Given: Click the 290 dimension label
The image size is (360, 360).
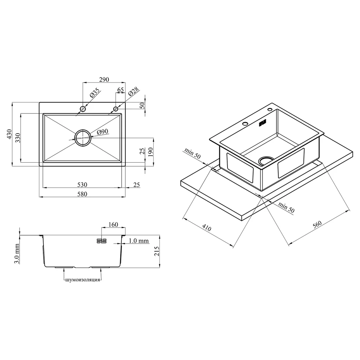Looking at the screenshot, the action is (104, 80).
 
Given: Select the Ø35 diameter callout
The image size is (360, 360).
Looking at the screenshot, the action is (95, 93).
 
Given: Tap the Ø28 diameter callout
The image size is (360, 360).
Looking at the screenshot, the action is (134, 91).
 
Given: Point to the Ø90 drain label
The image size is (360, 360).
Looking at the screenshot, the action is (102, 132).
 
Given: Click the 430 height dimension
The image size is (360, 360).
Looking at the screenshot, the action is (9, 134).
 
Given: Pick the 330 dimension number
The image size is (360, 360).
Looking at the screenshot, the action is (18, 138).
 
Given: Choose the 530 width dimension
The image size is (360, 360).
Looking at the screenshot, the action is (82, 185).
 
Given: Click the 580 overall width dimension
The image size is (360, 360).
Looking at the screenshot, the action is (82, 194).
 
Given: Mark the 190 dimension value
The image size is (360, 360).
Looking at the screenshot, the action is (150, 152).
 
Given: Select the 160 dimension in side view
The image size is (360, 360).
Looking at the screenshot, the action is (113, 224).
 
